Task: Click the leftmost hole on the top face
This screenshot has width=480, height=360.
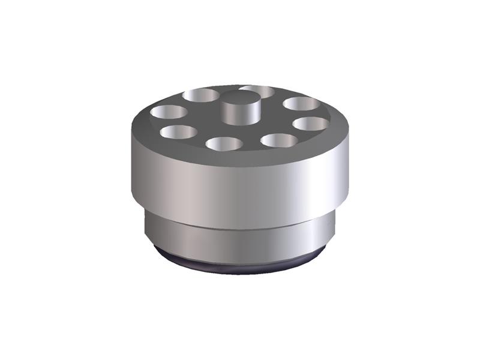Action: (169, 112)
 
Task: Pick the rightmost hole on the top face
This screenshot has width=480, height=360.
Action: (310, 124)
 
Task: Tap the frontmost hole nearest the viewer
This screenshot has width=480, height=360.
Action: (224, 143)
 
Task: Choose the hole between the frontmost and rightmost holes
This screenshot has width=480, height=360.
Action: (279, 140)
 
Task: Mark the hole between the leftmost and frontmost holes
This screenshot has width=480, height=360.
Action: (179, 131)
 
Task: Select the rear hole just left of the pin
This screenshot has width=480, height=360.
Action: (201, 95)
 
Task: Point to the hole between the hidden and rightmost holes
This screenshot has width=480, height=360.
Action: (301, 103)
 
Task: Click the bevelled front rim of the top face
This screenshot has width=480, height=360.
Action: (240, 157)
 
